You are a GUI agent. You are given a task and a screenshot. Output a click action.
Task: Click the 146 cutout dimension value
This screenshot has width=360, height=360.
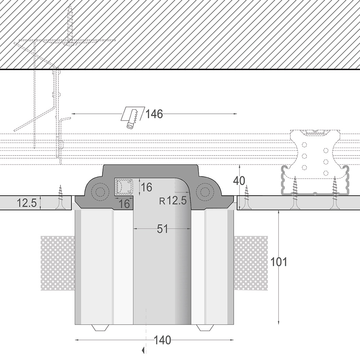[x=154, y=114]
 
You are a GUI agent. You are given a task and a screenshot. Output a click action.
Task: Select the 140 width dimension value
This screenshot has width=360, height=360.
[x=162, y=340]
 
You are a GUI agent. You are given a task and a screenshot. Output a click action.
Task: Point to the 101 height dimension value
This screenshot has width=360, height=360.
[x=279, y=262]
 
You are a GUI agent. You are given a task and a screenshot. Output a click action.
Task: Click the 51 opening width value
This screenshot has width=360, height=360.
[x=163, y=229]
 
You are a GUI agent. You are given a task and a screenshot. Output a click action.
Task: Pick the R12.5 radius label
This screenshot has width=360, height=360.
[x=173, y=201]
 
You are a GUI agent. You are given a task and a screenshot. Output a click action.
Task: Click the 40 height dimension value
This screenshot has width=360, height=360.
[x=239, y=181]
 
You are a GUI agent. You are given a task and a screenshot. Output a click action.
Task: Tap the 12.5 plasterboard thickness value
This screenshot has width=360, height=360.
[x=27, y=203]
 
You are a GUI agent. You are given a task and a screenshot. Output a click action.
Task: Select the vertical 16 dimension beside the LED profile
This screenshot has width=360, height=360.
[x=146, y=187]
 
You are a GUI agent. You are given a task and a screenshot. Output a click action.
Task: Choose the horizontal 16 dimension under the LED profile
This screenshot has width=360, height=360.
[x=124, y=204]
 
